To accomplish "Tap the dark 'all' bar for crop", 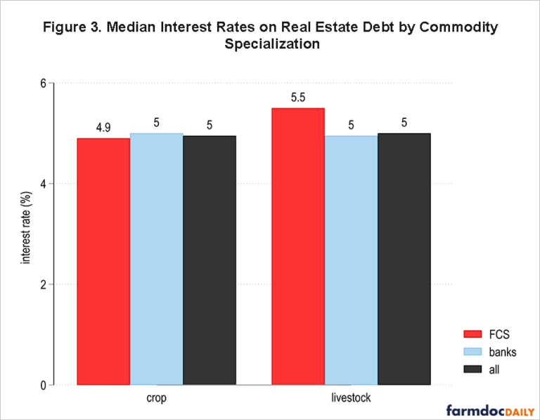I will pos(210,260).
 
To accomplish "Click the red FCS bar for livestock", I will pos(297,246).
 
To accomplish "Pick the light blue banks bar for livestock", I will pos(351,260).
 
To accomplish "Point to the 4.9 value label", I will pos(103,127).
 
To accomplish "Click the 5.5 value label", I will pos(297,97).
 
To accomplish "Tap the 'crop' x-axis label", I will pos(156,398).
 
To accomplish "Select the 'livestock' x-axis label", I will pos(351,398).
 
